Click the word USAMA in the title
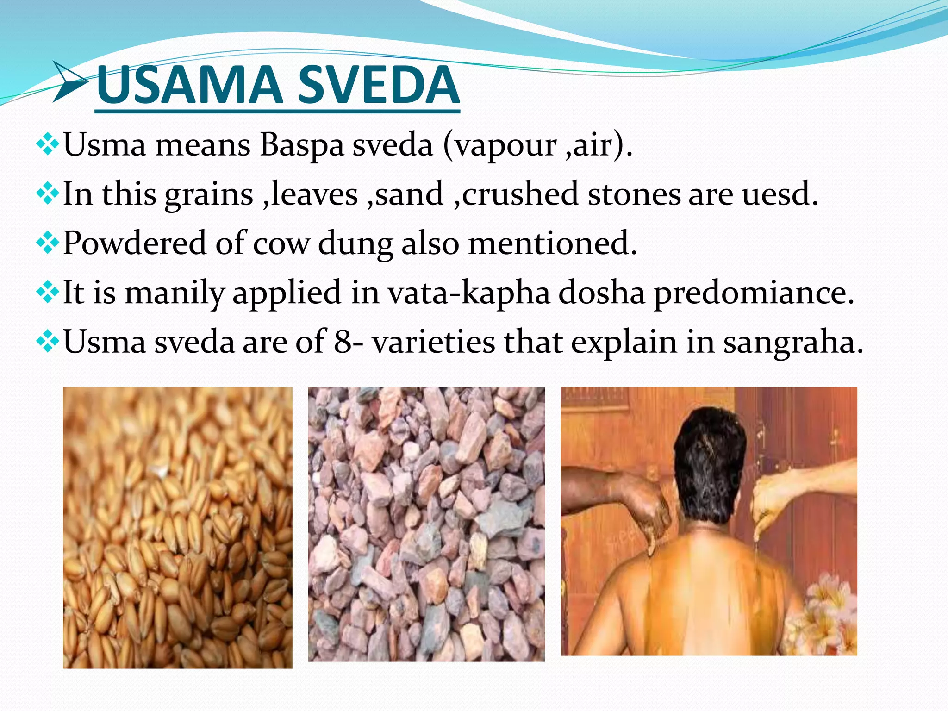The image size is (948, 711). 190,85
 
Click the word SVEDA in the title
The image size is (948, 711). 378,85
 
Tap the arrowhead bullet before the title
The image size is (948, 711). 69,81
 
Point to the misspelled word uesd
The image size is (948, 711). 780,194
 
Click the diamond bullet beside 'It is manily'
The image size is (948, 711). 48,293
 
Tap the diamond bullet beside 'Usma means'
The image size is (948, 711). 48,145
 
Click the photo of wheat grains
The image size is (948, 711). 177,528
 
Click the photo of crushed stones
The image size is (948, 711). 426,524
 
